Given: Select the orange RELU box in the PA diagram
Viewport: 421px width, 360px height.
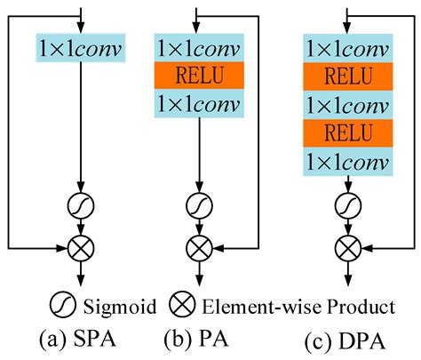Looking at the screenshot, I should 199,74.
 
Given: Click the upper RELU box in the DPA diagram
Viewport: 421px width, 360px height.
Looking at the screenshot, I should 346,74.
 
